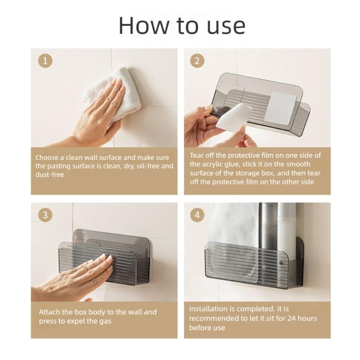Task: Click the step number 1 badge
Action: pos(45,61)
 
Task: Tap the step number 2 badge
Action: pos(197,61)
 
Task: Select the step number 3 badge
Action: pos(45,215)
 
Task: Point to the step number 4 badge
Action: pos(197,215)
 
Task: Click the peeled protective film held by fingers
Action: pos(232,117)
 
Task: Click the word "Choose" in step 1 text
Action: pos(47,157)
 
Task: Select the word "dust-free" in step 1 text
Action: pos(49,175)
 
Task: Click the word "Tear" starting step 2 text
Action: pos(197,155)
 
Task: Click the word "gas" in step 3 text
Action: pos(105,321)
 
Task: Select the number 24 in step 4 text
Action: pos(291,318)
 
